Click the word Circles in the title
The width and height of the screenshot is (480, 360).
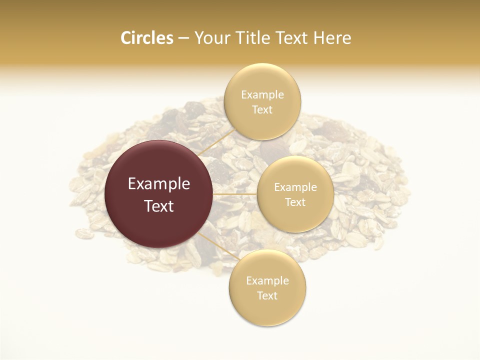click(x=146, y=38)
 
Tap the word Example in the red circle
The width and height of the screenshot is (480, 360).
click(x=159, y=184)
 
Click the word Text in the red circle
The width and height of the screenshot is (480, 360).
click(x=159, y=206)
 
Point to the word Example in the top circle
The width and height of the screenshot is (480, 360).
click(x=262, y=95)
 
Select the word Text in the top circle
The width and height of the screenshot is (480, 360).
click(x=262, y=110)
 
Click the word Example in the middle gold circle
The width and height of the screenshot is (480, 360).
click(x=295, y=187)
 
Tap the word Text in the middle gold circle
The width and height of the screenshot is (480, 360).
click(x=295, y=202)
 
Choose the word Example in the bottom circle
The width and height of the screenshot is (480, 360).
click(x=267, y=281)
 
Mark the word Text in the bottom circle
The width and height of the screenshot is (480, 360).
click(x=267, y=296)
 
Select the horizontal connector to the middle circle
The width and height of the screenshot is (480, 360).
click(x=235, y=194)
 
